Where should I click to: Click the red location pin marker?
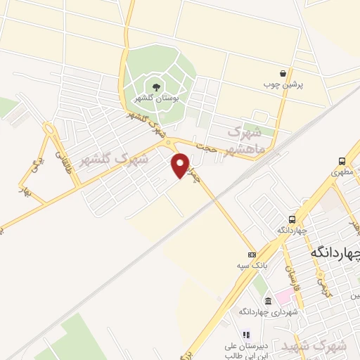181,165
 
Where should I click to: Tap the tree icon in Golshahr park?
156,86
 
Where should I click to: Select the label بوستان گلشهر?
156,98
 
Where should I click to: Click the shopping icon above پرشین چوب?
283,73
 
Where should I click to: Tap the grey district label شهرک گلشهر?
114,159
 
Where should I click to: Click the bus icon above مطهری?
342,160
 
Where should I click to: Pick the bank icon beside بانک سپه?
252,253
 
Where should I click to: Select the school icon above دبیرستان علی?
245,335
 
